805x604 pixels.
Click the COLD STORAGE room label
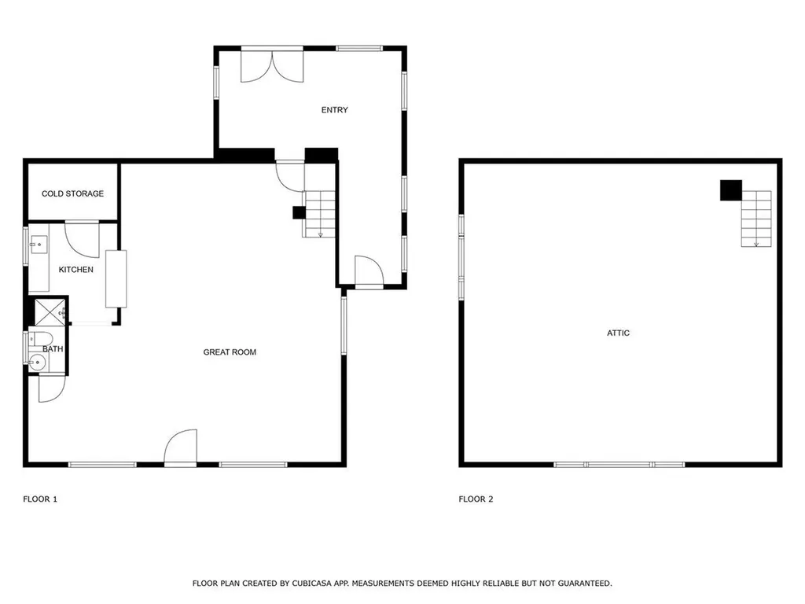[72, 193]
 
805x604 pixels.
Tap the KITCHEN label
[76, 270]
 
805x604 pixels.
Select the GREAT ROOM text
[230, 352]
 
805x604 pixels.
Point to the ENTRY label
[335, 110]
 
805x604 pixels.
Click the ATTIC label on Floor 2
[618, 333]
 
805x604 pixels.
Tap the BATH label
[53, 348]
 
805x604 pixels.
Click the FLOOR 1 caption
[40, 499]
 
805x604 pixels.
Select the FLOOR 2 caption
[476, 499]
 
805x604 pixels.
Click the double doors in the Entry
[272, 66]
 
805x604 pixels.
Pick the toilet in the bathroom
[41, 339]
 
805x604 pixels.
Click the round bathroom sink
[37, 363]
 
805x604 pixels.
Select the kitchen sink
[39, 245]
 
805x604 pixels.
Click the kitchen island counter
[116, 279]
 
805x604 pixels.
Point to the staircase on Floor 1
[319, 214]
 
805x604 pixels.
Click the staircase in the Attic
[756, 219]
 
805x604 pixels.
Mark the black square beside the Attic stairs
[731, 190]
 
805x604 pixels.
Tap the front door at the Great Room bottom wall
[181, 447]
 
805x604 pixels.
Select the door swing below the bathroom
[53, 389]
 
